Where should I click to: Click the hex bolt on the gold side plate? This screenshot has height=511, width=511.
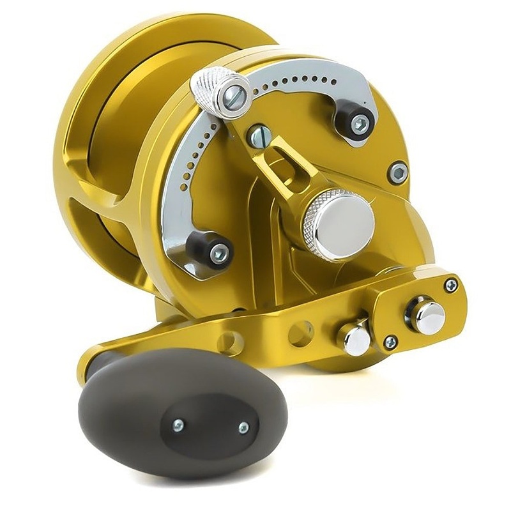[398, 171]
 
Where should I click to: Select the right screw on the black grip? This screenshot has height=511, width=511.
[243, 427]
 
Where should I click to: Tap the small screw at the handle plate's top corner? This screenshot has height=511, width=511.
[452, 285]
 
